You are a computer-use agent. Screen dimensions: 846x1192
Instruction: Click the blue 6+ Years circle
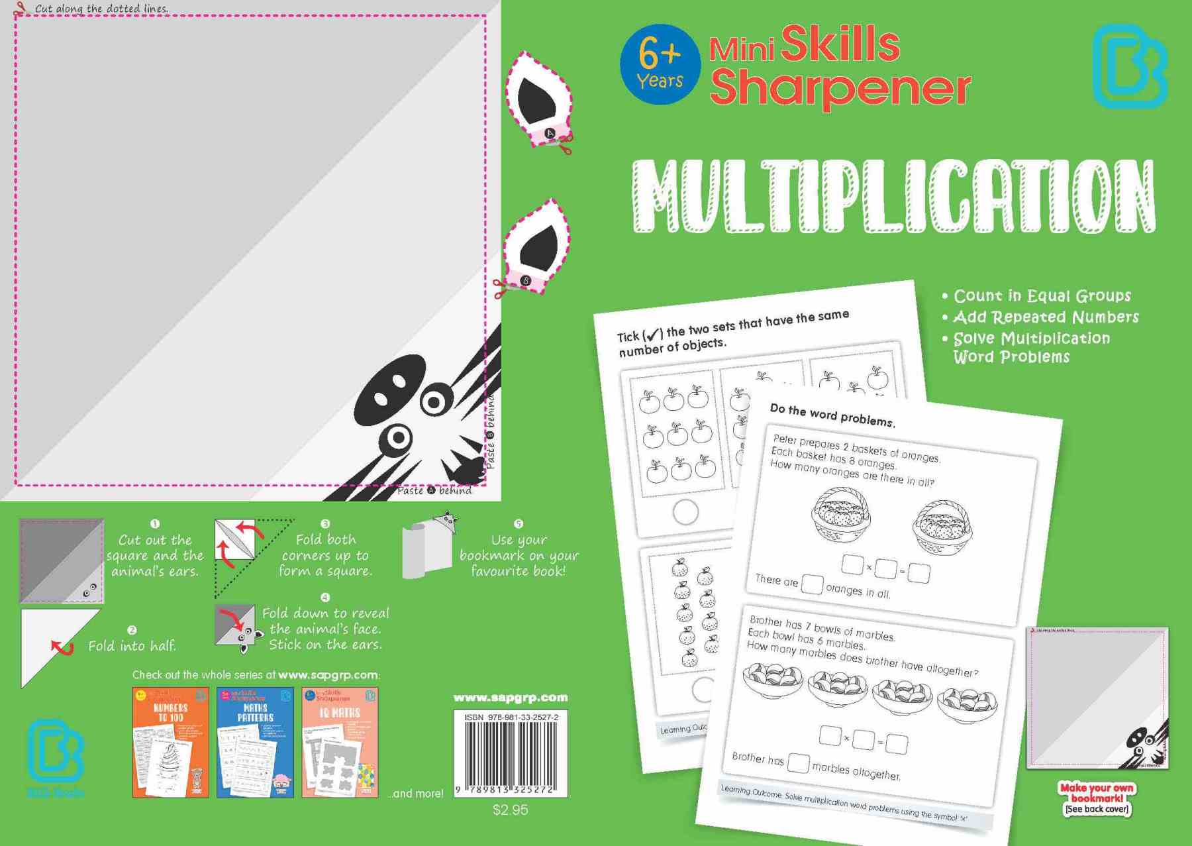click(660, 65)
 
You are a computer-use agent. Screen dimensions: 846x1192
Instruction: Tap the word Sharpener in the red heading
click(840, 87)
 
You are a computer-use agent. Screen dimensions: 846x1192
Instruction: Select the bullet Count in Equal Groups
click(1042, 295)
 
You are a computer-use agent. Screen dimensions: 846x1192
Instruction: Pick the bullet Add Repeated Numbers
click(1046, 317)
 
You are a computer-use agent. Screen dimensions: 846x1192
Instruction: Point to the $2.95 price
click(510, 810)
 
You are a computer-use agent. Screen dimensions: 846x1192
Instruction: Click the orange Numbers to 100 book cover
click(171, 742)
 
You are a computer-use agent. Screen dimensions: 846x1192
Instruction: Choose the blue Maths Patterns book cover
click(255, 742)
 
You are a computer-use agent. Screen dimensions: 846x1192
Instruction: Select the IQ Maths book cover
click(340, 742)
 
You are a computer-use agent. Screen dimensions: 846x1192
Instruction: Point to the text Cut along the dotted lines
click(101, 9)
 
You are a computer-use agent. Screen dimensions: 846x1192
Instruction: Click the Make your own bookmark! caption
click(1097, 794)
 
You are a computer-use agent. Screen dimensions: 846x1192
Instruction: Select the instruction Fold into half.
click(132, 645)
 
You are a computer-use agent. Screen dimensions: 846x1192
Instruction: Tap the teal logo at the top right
click(1128, 66)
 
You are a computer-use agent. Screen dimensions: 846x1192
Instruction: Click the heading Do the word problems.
click(832, 415)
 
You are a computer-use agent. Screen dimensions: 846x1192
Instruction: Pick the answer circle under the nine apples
click(685, 511)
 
